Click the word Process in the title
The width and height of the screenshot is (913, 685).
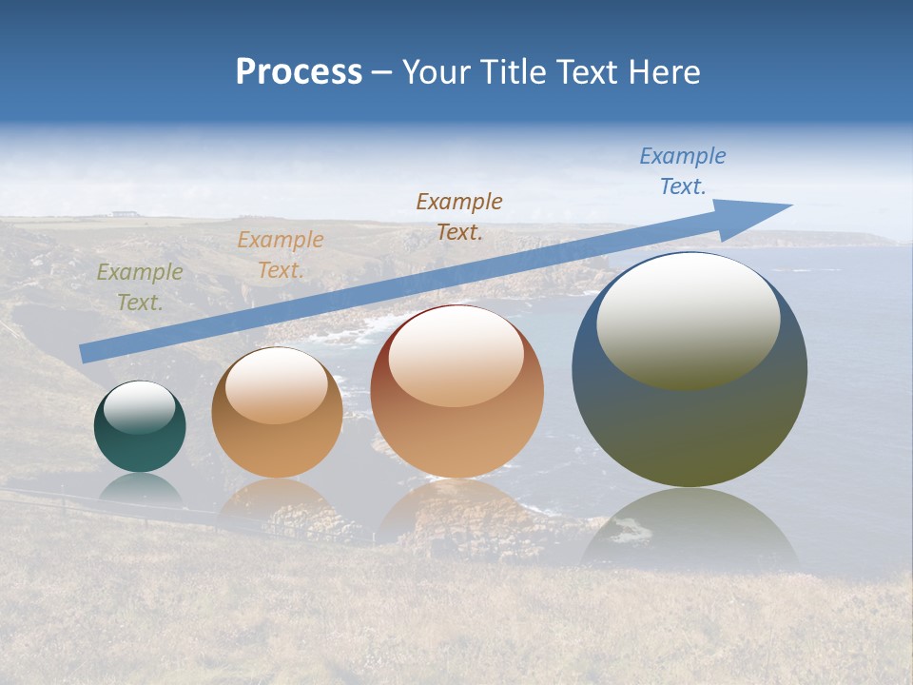(299, 72)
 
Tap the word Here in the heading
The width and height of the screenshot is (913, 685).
(664, 72)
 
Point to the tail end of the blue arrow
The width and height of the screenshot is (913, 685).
(86, 353)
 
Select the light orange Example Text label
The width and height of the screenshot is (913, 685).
(280, 255)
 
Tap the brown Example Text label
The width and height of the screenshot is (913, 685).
(459, 216)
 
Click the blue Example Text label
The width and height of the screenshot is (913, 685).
(682, 171)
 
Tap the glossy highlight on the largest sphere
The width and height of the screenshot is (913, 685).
(688, 319)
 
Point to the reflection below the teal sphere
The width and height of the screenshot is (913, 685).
(140, 489)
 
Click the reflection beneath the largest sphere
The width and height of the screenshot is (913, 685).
(690, 533)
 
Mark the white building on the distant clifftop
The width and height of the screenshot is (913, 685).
(123, 214)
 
